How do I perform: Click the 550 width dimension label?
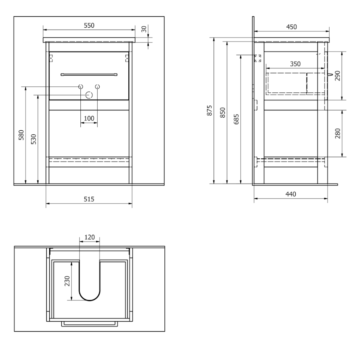point(89,26)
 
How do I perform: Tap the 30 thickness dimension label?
point(144,29)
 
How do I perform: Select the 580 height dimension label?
point(21,135)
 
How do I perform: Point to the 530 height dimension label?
point(34,139)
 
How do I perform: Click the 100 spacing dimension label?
point(89,118)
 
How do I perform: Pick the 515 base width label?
point(89,199)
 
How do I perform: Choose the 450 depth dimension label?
point(291,27)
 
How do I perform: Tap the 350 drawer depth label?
point(295,64)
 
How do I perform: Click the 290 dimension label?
point(338,76)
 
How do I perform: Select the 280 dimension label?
point(338,133)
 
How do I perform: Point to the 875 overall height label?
point(209,110)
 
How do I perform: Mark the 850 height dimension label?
point(223,112)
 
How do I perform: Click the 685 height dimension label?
point(236,119)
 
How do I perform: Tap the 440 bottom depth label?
point(291,194)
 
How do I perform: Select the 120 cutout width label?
point(90,237)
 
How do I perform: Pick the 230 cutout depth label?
point(67,281)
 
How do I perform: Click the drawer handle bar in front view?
point(89,75)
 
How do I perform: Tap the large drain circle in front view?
point(89,95)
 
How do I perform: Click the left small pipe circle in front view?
point(80,86)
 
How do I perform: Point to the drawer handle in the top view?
point(90,324)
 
